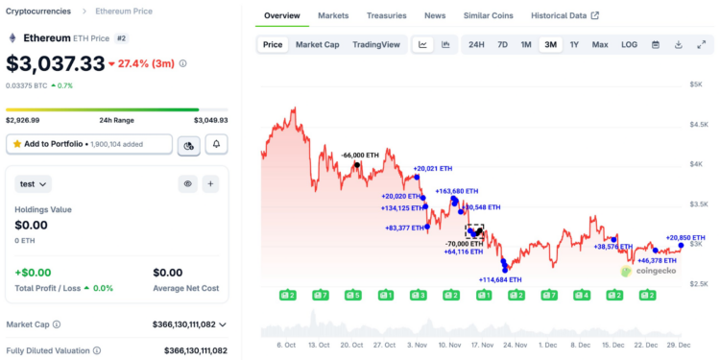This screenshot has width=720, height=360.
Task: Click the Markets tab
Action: click(333, 16)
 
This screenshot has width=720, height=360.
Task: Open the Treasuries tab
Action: click(386, 16)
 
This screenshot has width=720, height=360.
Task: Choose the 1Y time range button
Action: click(574, 44)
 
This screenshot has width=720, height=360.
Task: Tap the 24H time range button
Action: click(476, 44)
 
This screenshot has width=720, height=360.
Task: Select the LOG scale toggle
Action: click(629, 44)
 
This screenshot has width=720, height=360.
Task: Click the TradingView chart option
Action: click(376, 44)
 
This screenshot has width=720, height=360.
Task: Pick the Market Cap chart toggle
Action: click(317, 44)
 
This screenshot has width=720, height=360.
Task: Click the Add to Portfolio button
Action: click(89, 144)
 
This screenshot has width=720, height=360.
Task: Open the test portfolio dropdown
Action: click(34, 183)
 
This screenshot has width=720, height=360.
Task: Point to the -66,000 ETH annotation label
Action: click(360, 155)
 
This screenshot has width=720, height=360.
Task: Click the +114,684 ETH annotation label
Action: click(500, 279)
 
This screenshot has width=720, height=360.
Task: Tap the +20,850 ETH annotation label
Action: click(685, 237)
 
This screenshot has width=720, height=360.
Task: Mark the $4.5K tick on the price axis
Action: click(696, 125)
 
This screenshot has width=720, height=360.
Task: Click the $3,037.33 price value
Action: click(56, 63)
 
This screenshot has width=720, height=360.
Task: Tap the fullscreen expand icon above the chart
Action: click(701, 44)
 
